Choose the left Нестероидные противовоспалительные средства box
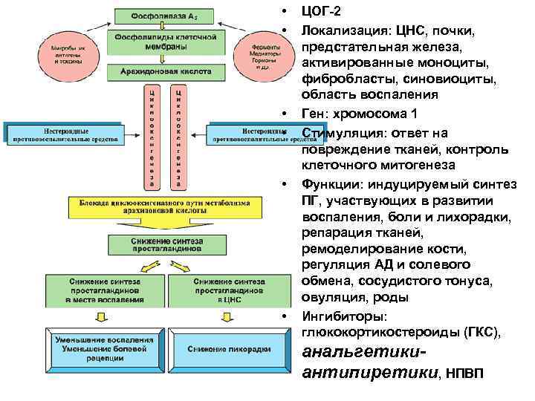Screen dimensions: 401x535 pos(62,133)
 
